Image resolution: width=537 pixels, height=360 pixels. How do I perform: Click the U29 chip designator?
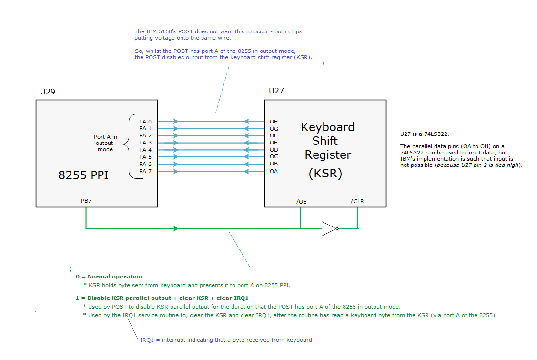point(48,92)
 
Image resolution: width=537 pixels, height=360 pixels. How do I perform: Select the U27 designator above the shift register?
point(276,91)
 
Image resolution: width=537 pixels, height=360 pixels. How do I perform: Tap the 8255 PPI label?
point(83,175)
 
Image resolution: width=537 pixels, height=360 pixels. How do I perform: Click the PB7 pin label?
point(86,201)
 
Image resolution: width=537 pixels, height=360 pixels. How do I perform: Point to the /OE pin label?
point(301,201)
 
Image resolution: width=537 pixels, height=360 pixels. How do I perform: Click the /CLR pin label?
point(357,201)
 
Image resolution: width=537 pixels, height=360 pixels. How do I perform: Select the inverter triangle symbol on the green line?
point(329,228)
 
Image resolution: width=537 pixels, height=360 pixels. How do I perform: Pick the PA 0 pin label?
point(145,122)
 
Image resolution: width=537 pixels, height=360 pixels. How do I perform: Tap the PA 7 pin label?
point(145,171)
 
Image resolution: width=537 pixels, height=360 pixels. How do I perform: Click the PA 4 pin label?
point(145,150)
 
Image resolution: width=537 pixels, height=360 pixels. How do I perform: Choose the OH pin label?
point(274,122)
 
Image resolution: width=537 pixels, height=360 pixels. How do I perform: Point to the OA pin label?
point(274,171)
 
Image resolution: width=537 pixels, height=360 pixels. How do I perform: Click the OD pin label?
point(274,150)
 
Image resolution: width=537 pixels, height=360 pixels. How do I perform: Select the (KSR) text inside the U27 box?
point(325,174)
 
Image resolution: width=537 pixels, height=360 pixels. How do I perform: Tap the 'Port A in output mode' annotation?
point(105,143)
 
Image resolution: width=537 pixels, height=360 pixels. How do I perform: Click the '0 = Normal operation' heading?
point(109,277)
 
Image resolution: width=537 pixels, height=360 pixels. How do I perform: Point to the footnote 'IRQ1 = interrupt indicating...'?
point(226,340)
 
